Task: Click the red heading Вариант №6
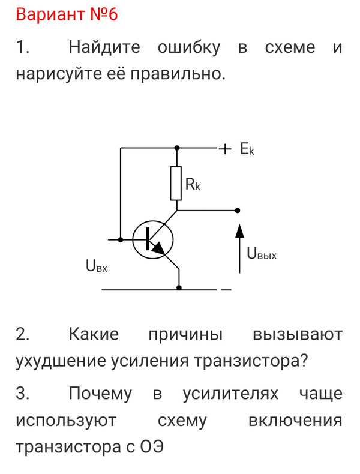click(x=67, y=15)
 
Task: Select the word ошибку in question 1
click(x=189, y=47)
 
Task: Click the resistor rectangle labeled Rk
click(x=176, y=183)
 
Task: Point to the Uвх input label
click(x=97, y=265)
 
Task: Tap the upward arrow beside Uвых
click(x=240, y=240)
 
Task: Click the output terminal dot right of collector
click(x=238, y=211)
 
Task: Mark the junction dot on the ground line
click(x=179, y=289)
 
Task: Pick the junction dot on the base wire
click(x=121, y=239)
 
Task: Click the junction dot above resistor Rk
click(x=176, y=147)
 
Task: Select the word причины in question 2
click(x=185, y=334)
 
